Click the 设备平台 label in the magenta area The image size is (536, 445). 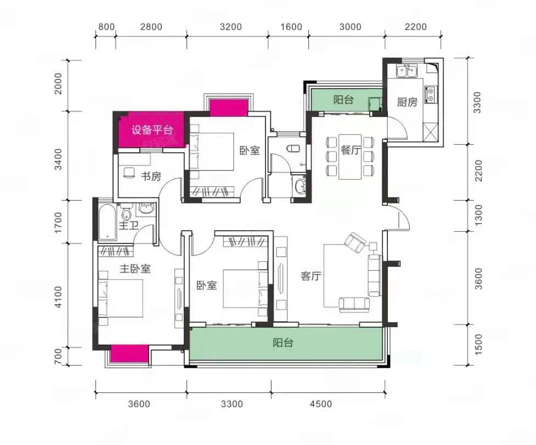(x=153, y=130)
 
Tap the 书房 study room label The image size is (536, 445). (x=151, y=176)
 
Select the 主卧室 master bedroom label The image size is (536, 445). (x=135, y=269)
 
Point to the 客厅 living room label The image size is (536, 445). (x=311, y=276)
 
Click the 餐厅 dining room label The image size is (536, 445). (x=351, y=150)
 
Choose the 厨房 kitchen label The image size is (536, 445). (x=407, y=102)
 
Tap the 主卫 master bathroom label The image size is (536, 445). (x=128, y=225)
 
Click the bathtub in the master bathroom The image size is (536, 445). (x=108, y=222)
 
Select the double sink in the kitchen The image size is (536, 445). (x=406, y=71)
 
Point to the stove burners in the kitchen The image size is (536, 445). (x=430, y=95)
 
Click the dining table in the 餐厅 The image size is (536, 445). (x=350, y=157)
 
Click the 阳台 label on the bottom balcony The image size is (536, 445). (x=283, y=343)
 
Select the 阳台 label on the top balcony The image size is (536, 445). (x=343, y=100)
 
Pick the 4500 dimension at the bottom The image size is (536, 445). (x=321, y=404)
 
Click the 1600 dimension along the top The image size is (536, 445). (x=291, y=27)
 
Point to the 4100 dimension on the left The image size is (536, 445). (x=59, y=297)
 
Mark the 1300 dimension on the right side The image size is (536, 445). (x=478, y=215)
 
